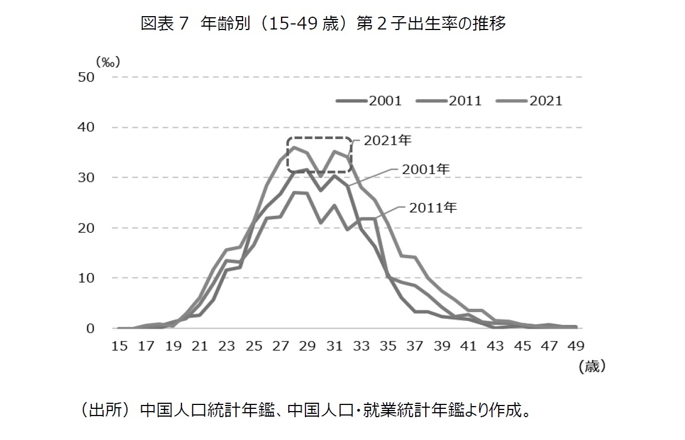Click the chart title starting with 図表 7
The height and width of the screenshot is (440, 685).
[323, 24]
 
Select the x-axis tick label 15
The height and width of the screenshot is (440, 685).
[119, 346]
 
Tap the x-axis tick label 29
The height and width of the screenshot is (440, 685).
[307, 346]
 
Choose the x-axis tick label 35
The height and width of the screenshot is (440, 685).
[387, 346]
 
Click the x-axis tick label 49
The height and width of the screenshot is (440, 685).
[575, 346]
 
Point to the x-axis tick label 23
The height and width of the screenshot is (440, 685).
[226, 346]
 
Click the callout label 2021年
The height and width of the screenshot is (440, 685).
[387, 141]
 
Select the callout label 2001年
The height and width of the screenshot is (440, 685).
[426, 169]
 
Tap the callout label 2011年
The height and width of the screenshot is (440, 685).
[433, 208]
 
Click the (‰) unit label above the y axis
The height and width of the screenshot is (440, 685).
[107, 61]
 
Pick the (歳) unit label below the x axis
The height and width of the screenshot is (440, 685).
[591, 367]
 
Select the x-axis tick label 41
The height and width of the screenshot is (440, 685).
[468, 346]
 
